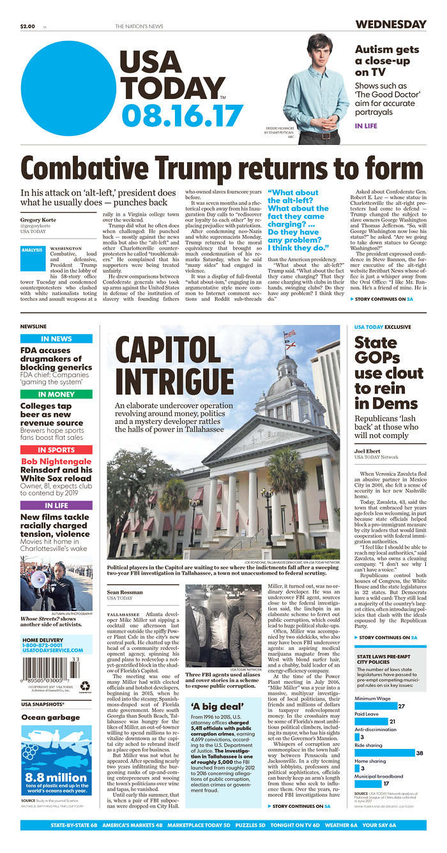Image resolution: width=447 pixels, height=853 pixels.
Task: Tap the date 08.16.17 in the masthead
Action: pos(182,116)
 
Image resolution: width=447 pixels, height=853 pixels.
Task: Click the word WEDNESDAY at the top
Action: pos(390,25)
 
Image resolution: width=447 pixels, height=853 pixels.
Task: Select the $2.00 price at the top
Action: pos(27,26)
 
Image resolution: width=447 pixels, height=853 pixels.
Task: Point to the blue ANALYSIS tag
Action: pos(32,250)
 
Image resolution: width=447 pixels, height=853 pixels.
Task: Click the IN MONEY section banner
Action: pos(56,395)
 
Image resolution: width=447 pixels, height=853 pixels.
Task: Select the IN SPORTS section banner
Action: pos(56,449)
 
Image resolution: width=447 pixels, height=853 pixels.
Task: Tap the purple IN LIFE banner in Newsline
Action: pos(56,505)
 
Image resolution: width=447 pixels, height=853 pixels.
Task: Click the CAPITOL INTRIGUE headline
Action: pos(174,365)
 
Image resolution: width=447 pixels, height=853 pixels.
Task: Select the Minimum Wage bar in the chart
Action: pos(375,706)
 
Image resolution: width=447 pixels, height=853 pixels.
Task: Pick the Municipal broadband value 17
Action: pos(386,783)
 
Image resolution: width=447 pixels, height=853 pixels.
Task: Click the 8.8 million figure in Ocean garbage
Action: pos(56,778)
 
